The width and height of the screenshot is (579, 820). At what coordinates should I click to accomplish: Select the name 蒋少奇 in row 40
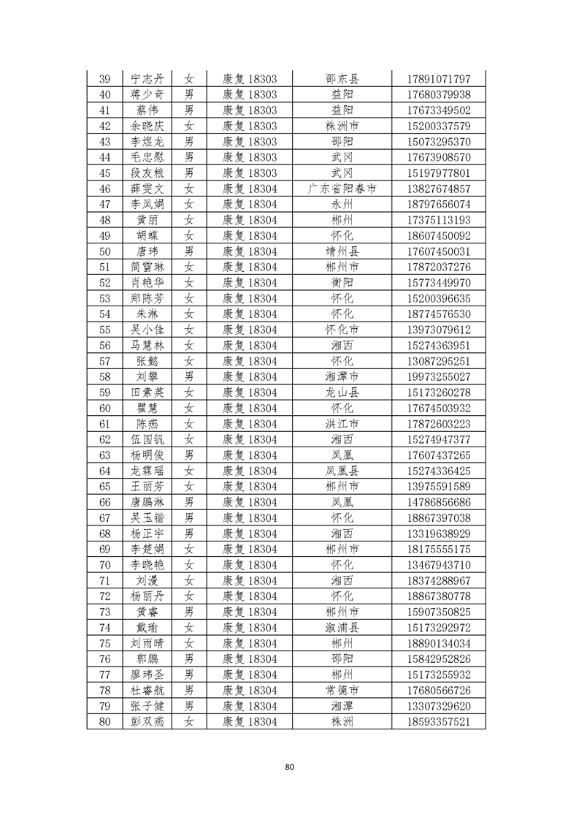147,94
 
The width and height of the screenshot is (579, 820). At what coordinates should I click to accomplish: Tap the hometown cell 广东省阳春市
342,189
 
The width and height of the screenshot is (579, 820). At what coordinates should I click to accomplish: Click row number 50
104,251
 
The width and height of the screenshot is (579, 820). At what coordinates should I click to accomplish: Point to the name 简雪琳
147,267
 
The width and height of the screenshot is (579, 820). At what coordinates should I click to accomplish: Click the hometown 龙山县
342,392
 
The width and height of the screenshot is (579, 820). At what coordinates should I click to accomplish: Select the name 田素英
147,392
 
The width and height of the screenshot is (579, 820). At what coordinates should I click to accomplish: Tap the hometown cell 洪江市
342,424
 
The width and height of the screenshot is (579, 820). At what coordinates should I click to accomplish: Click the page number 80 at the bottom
290,767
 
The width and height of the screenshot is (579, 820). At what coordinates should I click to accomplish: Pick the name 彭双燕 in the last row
147,721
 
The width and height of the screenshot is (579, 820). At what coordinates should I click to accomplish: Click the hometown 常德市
342,690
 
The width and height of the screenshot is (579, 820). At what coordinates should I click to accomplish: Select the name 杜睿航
147,690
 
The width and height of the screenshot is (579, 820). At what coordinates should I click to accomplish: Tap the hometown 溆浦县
342,627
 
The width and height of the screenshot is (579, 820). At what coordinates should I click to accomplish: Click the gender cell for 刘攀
189,376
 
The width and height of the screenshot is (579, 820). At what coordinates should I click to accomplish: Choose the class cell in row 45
249,172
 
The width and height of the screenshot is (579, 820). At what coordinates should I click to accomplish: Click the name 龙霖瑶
147,471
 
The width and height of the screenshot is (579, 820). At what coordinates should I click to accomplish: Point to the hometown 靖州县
342,251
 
